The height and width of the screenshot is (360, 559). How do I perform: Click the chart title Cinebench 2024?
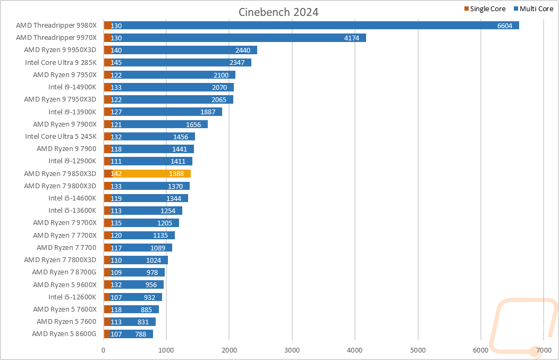[x=278, y=12]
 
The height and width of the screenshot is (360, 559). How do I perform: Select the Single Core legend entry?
[x=485, y=9]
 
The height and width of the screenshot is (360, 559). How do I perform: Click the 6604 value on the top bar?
[x=505, y=26]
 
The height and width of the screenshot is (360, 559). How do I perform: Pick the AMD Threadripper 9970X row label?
[x=56, y=38]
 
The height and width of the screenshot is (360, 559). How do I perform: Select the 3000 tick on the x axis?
[x=292, y=350]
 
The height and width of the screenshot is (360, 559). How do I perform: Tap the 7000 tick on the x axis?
[x=543, y=350]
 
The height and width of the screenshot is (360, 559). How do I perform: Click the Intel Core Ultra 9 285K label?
[x=61, y=62]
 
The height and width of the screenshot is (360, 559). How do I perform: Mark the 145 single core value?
[x=116, y=63]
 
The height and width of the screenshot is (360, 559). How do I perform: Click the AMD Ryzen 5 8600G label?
[x=64, y=334]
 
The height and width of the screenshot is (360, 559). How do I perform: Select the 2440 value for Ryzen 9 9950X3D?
[x=243, y=50]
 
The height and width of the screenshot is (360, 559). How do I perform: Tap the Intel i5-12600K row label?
[x=73, y=297]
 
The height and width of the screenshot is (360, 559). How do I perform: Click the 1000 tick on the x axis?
[x=166, y=350]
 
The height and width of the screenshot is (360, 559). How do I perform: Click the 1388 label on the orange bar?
[x=176, y=173]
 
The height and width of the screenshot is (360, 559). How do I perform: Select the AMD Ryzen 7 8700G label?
[x=64, y=272]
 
